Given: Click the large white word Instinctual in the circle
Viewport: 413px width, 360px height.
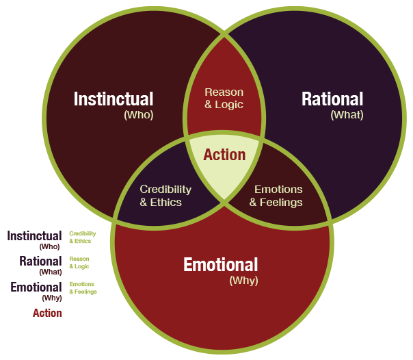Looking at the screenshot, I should click(x=114, y=99).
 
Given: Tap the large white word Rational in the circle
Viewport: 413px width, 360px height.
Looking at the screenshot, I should click(x=332, y=99).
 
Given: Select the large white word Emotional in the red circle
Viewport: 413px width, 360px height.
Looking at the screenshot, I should click(x=220, y=264).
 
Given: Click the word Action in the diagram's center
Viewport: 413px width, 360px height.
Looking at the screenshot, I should click(x=224, y=155).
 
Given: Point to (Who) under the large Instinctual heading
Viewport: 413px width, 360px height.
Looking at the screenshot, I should click(x=138, y=115).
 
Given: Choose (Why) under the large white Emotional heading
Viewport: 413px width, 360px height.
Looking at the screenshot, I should click(x=243, y=280).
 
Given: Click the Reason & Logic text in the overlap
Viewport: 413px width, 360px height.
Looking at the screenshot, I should click(x=224, y=98).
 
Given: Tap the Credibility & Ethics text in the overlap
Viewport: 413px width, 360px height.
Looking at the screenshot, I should click(x=165, y=195).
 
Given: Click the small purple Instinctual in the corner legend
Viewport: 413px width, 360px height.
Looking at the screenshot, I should click(x=35, y=236).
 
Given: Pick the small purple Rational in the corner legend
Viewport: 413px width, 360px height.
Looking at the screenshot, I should click(x=40, y=261).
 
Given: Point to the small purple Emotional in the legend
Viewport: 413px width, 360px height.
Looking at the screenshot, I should click(x=36, y=287).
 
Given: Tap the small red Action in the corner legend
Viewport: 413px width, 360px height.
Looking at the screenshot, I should click(x=47, y=313).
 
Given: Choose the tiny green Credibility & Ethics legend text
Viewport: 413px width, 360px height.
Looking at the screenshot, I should click(x=82, y=237).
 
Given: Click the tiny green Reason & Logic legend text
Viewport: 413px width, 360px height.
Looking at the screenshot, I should click(x=79, y=263).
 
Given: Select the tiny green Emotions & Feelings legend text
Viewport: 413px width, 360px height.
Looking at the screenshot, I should click(x=83, y=288).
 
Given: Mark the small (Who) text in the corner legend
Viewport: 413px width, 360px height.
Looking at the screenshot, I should click(x=51, y=246).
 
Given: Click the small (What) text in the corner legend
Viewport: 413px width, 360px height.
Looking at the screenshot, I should click(x=51, y=272).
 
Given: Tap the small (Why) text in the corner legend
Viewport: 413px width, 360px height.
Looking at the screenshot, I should click(x=52, y=298).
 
